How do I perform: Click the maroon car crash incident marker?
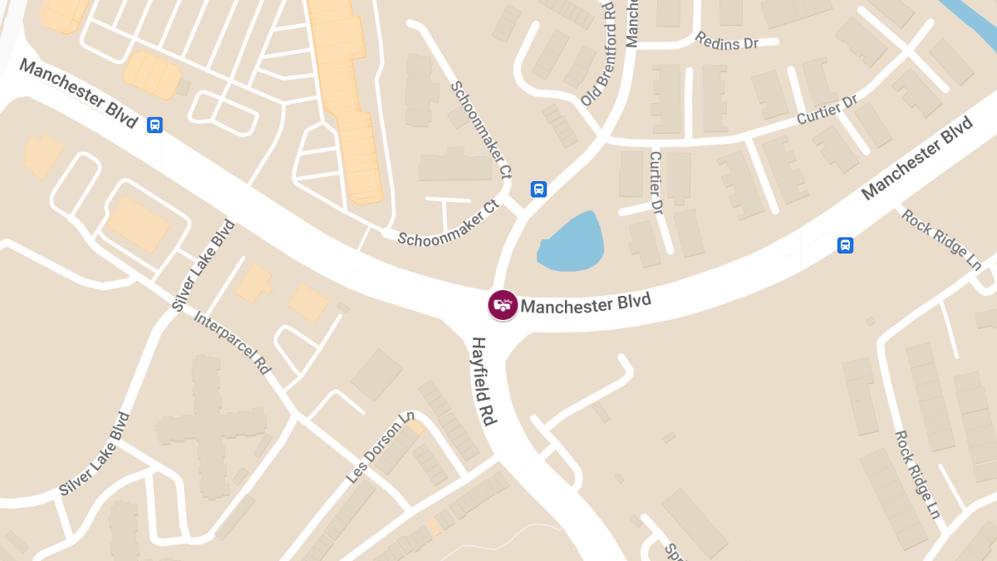coord(503,305)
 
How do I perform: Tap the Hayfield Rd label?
coord(484,381)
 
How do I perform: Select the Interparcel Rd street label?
coord(233,342)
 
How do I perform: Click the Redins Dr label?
coord(727,42)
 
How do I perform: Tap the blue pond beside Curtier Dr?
coord(572,242)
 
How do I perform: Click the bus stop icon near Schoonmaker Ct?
coord(538,189)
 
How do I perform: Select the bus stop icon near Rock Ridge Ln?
coord(845,245)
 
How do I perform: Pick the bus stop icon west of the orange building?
coord(155,125)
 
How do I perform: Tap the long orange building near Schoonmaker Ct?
coord(349,100)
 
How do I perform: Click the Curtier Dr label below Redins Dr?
coord(826,111)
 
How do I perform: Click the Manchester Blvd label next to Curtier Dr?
coord(917,158)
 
